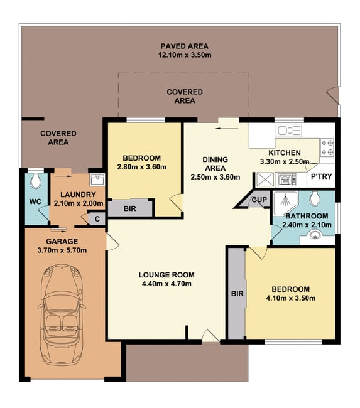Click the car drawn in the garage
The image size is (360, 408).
tap(62, 314)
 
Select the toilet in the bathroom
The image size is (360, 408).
tap(315, 198)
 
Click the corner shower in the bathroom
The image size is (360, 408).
tap(285, 203)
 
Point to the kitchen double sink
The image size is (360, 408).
tap(289, 130)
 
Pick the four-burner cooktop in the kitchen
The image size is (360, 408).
tap(327, 147)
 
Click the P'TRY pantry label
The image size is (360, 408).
tap(322, 176)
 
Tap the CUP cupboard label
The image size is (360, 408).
tap(259, 200)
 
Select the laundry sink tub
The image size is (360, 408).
tap(97, 180)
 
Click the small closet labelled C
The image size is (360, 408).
tap(97, 219)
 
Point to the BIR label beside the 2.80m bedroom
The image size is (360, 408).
tap(129, 208)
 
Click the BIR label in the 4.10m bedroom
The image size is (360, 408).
tap(237, 294)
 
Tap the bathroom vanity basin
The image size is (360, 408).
tap(316, 235)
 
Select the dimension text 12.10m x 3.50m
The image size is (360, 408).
tap(185, 55)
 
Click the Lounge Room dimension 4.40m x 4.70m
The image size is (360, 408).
tap(166, 284)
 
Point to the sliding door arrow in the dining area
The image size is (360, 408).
tap(227, 128)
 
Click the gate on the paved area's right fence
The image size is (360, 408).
tap(333, 96)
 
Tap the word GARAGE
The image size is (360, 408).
tap(62, 242)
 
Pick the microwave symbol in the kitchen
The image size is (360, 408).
tap(286, 180)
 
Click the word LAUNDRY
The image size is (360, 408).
tap(78, 195)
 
